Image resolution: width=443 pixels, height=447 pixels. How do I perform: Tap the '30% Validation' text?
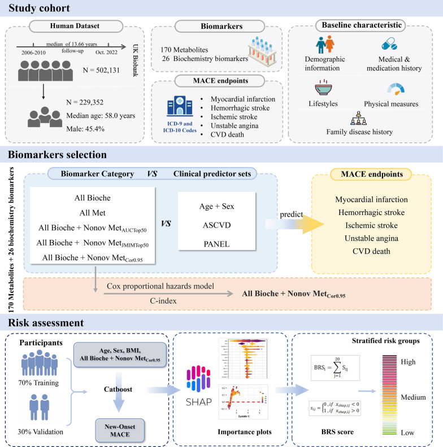click(40, 432)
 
